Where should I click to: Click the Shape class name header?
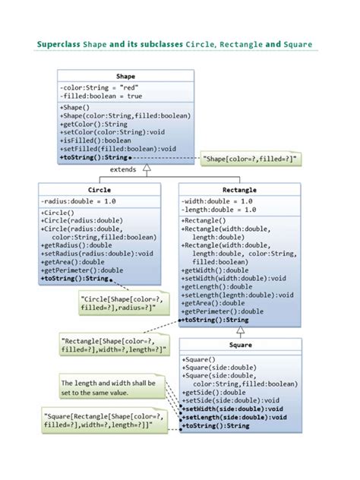click(125, 77)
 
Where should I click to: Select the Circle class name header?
click(99, 189)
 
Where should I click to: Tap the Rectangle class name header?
click(240, 189)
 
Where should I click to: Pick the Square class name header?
click(240, 344)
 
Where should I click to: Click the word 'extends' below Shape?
click(124, 170)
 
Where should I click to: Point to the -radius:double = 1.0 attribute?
click(78, 201)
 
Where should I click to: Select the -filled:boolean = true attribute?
click(100, 96)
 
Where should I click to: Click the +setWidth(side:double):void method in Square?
click(234, 409)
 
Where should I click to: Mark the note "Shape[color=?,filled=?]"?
click(250, 158)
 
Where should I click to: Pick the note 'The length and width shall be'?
click(110, 387)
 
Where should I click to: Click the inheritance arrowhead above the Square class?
click(240, 331)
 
